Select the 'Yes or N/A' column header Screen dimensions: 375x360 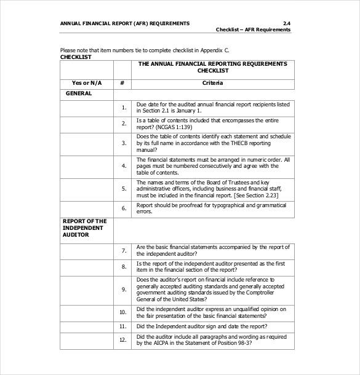pos(87,82)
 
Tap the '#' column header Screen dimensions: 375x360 pos(122,82)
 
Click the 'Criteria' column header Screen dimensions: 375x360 pos(212,82)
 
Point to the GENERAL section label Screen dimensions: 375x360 pos(79,93)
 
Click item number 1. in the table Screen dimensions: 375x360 pos(124,108)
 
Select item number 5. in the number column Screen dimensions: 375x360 pos(124,188)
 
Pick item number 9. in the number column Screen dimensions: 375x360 pos(124,288)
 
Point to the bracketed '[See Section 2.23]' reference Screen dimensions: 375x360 pos(258,193)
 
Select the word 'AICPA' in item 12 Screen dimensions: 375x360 pos(159,342)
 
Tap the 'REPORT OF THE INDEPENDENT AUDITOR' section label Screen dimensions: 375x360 pos(84,227)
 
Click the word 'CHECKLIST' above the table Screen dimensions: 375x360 pos(76,57)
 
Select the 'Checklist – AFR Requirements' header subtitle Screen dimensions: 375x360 pos(253,30)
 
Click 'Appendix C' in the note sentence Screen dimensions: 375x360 pos(218,50)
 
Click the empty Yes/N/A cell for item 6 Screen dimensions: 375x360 pos(87,208)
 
